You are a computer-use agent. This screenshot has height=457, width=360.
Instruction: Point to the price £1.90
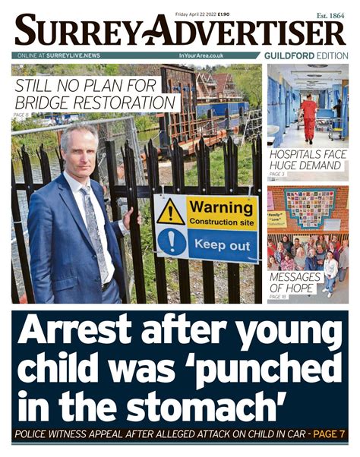pyautogui.click(x=224, y=14)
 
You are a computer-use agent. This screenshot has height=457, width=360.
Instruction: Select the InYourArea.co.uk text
pyautogui.click(x=201, y=56)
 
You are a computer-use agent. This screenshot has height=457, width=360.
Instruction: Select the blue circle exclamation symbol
pyautogui.click(x=170, y=242)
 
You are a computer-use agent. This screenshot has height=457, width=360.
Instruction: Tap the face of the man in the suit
pyautogui.click(x=81, y=151)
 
